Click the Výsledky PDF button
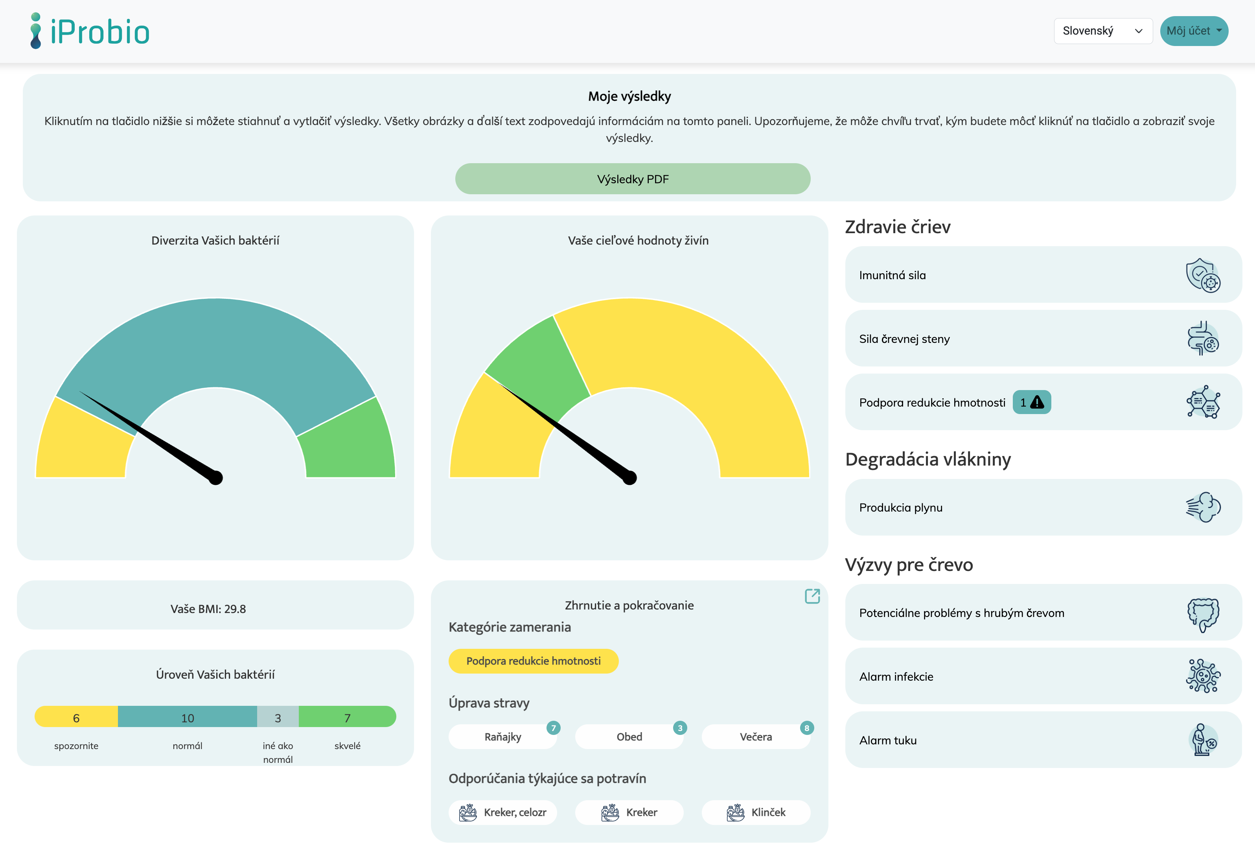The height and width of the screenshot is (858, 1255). point(632,179)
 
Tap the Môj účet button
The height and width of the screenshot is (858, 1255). point(1193,31)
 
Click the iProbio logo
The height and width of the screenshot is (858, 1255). point(90,31)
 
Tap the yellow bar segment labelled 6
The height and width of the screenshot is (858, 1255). point(76,718)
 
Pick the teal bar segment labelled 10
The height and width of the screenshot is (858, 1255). point(188,718)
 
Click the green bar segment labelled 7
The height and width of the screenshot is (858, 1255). point(347,718)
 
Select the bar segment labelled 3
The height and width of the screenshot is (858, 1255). point(278,718)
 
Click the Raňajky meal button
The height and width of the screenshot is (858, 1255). point(502,736)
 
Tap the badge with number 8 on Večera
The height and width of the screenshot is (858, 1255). point(806,728)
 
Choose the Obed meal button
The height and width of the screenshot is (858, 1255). point(629,736)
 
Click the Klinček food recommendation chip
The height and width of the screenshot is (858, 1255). point(756,812)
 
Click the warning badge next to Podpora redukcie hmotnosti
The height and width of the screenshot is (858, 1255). point(1031,402)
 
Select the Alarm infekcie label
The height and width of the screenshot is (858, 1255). point(896,677)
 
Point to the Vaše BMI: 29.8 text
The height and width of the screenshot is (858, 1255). point(208,609)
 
